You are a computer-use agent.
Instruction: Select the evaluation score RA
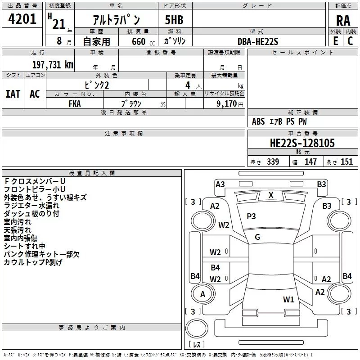(343, 21)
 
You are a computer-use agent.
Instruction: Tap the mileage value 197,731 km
(53, 64)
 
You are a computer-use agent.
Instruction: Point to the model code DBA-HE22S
(258, 41)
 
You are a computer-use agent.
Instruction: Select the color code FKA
(75, 103)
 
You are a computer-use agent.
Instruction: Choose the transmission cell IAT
(13, 94)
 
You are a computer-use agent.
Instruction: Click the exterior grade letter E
(335, 41)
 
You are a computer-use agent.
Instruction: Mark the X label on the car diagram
(271, 195)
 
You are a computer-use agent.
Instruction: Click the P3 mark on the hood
(251, 216)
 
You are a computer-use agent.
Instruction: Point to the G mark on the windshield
(257, 237)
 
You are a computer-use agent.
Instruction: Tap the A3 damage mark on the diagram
(220, 184)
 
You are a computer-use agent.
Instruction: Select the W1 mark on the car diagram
(288, 299)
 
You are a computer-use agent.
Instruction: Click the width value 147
(311, 162)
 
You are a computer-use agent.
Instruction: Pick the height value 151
(346, 162)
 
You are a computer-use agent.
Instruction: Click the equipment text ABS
(258, 121)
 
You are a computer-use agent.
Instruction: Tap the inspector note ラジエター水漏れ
(31, 206)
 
